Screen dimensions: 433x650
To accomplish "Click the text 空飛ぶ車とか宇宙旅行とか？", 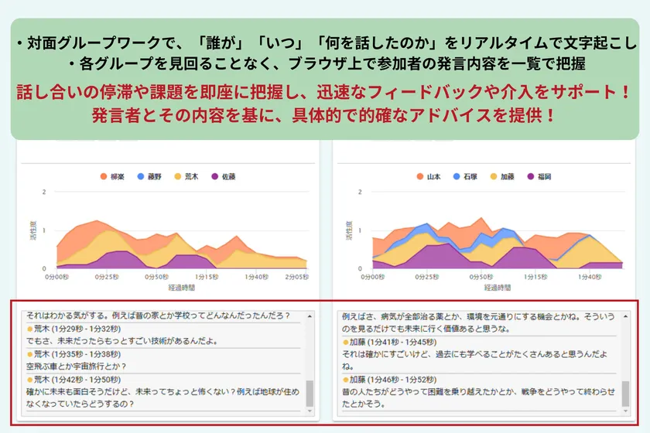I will pos(76,367).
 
